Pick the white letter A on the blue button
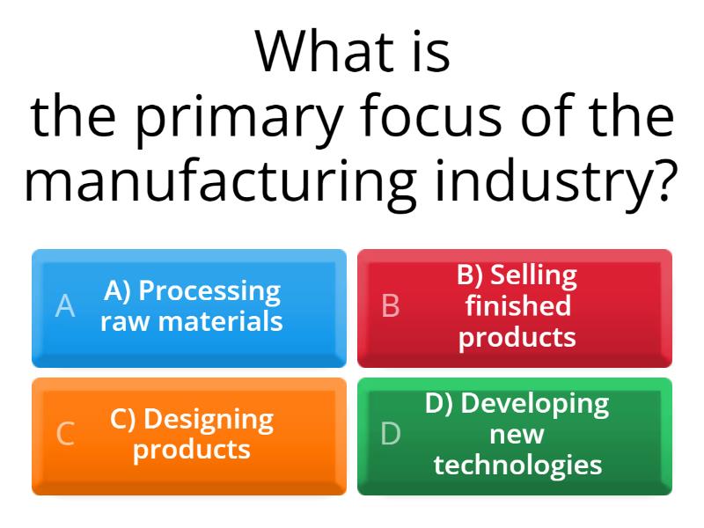(65, 306)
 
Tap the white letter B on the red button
(391, 306)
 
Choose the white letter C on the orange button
(65, 435)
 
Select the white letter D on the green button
(391, 435)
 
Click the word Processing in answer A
(209, 290)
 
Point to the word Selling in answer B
(533, 275)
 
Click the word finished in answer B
(517, 306)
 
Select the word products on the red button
(517, 337)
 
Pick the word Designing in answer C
(208, 419)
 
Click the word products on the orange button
(192, 450)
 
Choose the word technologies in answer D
(517, 465)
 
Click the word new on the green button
(517, 435)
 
